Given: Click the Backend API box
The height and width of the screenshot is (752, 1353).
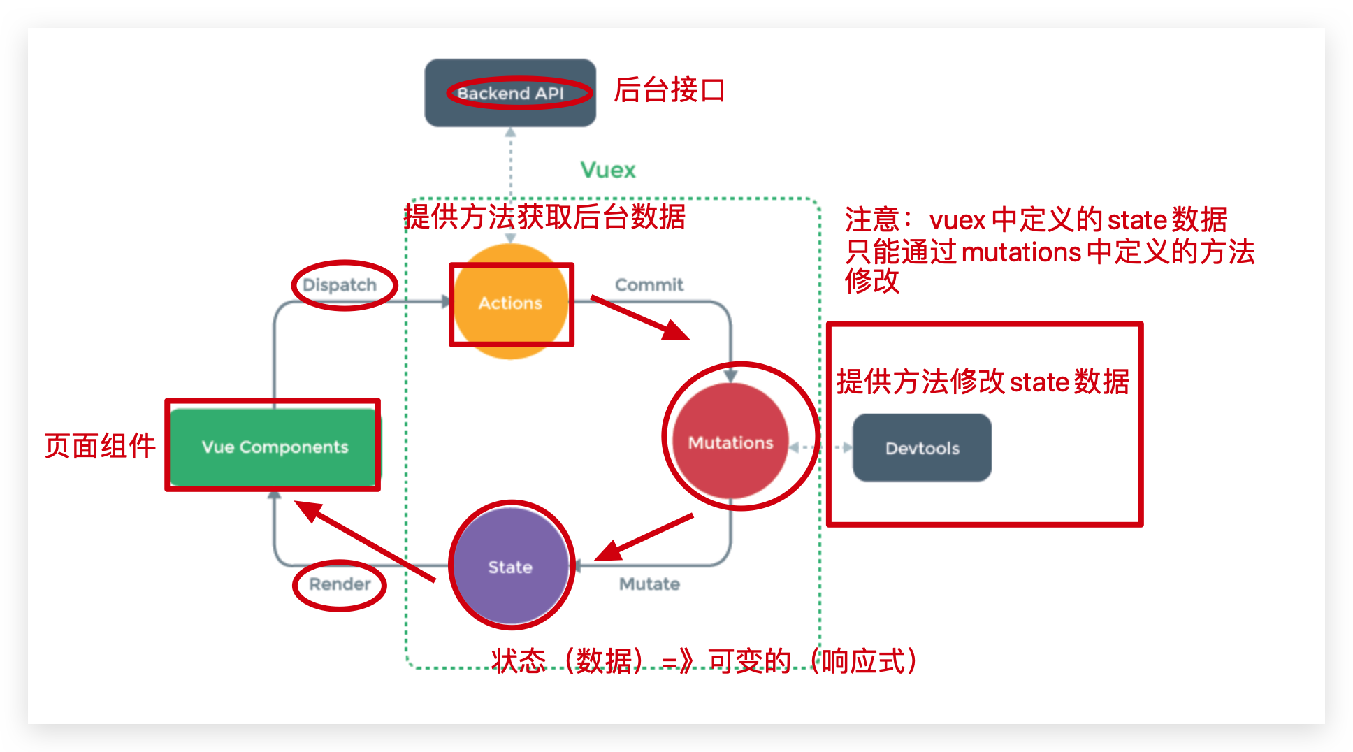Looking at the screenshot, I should click(x=510, y=92).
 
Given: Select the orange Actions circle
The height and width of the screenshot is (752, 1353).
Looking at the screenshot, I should click(x=510, y=303).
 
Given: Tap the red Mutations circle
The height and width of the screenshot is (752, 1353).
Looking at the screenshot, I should click(x=730, y=442).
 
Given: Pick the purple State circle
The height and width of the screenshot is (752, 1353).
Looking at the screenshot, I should click(x=510, y=566).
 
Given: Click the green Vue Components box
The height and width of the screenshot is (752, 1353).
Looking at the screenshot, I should click(x=274, y=447).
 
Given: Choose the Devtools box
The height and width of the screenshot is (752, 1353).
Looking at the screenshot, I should click(x=922, y=448).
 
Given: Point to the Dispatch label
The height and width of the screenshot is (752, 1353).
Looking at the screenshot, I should click(x=340, y=285).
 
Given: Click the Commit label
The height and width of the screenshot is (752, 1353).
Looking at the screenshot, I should click(x=649, y=284).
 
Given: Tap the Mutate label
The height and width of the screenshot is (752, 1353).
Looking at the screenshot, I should click(x=649, y=584).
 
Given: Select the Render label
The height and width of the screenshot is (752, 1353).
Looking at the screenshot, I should click(x=340, y=584).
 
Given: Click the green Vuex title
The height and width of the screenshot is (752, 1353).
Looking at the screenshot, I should click(x=608, y=170).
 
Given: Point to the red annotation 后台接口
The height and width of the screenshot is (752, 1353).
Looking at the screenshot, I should click(x=669, y=90).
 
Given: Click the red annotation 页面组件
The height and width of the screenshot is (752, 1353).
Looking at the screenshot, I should click(x=100, y=446).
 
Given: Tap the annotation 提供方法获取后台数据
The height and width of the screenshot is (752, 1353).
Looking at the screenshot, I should click(x=545, y=217).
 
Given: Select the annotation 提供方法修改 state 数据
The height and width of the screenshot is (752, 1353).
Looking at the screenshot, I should click(x=983, y=382).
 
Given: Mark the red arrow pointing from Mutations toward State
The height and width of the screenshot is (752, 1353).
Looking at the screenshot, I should click(x=643, y=538).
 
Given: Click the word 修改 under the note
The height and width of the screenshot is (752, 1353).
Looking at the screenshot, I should click(x=872, y=281).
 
